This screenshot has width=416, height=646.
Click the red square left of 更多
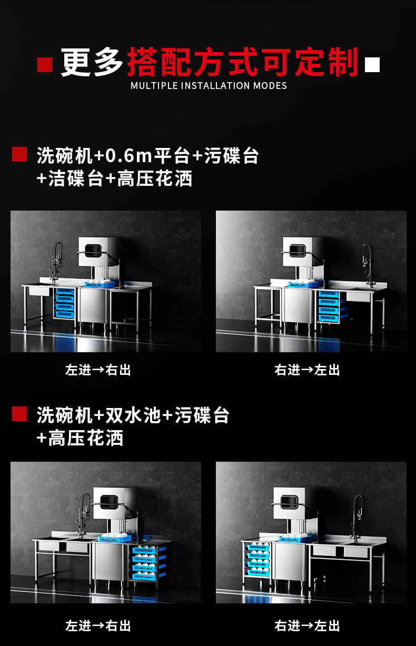[45, 65]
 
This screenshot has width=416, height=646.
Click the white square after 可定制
[372, 65]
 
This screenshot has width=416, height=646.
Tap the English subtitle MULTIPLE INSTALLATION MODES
[209, 86]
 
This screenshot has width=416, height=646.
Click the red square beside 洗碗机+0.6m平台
[19, 154]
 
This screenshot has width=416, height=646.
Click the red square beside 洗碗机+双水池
[19, 414]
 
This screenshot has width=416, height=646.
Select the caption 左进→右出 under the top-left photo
[98, 370]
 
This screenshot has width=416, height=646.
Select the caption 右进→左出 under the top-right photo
[307, 370]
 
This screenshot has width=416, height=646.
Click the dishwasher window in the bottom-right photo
[289, 502]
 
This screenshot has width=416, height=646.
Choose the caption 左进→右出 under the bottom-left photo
[98, 626]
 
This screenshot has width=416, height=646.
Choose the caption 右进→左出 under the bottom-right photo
[307, 626]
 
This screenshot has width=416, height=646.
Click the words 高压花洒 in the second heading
[86, 438]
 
